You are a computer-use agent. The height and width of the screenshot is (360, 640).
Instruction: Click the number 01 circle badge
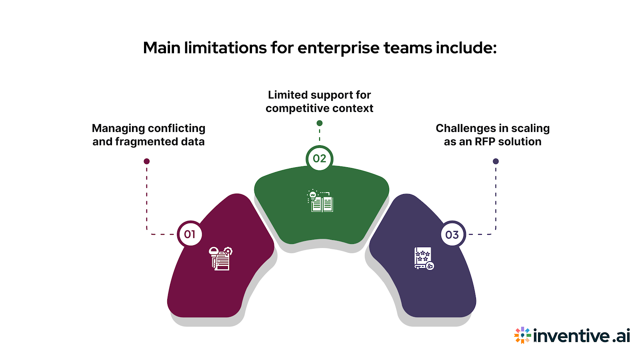point(190,234)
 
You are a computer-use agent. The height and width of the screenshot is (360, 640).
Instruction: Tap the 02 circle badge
point(319,158)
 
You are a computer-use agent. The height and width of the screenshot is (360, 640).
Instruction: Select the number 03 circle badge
point(452,234)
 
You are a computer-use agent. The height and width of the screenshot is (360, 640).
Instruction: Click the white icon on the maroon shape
point(220,258)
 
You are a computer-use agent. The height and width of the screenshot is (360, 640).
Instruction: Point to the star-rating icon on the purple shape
point(424,258)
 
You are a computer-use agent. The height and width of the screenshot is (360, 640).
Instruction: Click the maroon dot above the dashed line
point(147,161)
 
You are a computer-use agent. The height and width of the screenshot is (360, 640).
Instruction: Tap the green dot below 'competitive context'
point(319,123)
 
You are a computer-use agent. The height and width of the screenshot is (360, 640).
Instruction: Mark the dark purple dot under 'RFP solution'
point(496,161)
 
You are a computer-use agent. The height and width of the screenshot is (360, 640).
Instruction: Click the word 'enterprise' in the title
point(338,48)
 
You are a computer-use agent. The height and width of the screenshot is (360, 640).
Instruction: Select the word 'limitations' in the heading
point(225,48)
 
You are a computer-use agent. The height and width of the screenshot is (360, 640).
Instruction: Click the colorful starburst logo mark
point(522,335)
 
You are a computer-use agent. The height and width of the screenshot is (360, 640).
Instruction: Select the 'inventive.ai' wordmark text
point(581,335)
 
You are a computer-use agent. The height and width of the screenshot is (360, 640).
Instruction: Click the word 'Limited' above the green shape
point(285,95)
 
